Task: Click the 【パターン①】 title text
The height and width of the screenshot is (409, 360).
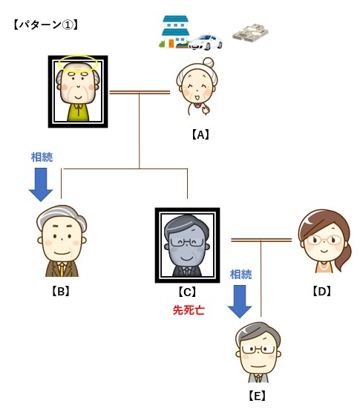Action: (x=46, y=25)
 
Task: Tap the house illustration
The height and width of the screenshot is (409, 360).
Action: (x=174, y=32)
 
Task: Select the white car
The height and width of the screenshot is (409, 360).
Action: (x=206, y=42)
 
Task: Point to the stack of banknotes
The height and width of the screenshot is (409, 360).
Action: (x=250, y=33)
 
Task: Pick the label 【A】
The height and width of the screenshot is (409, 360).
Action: (x=200, y=135)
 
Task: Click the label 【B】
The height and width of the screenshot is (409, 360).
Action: (x=61, y=291)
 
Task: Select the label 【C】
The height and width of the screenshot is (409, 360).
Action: (x=187, y=292)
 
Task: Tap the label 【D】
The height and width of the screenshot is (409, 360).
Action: (x=321, y=291)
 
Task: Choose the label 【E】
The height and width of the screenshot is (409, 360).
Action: (x=258, y=396)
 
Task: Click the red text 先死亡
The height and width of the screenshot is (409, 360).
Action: (x=189, y=310)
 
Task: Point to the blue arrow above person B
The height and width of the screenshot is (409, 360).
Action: (x=41, y=185)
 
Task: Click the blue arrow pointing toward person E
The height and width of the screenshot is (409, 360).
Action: (x=240, y=302)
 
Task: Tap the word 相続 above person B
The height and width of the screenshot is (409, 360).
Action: (x=42, y=157)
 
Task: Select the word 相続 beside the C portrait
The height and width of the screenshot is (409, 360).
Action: (x=240, y=275)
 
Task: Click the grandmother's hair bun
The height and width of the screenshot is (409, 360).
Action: (x=208, y=62)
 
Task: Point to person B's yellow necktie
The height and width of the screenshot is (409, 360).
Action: (x=62, y=269)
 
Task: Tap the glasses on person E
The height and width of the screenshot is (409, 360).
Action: (x=258, y=350)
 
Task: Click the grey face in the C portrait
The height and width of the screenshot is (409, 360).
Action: (x=186, y=249)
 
